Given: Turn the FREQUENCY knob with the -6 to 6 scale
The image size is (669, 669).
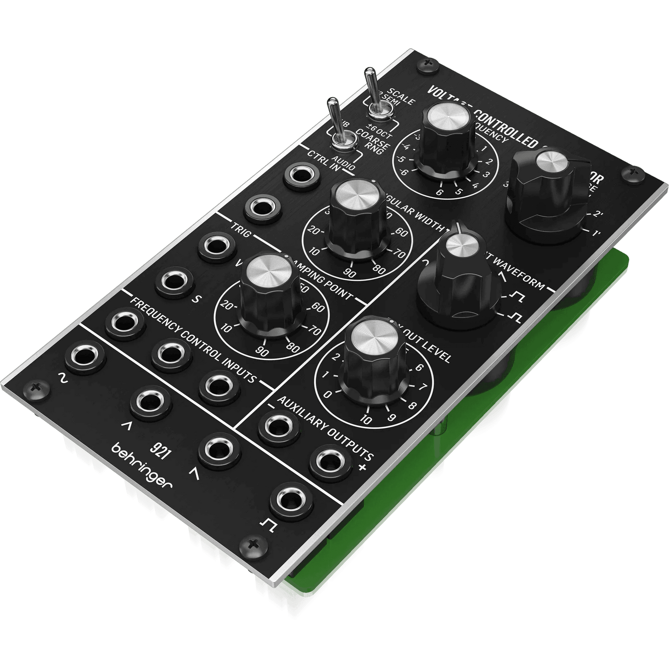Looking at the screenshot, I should point(447,134).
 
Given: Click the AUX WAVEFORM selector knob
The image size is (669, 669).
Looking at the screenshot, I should point(459,278).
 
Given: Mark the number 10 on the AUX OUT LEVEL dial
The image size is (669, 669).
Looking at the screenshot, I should point(366,420).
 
